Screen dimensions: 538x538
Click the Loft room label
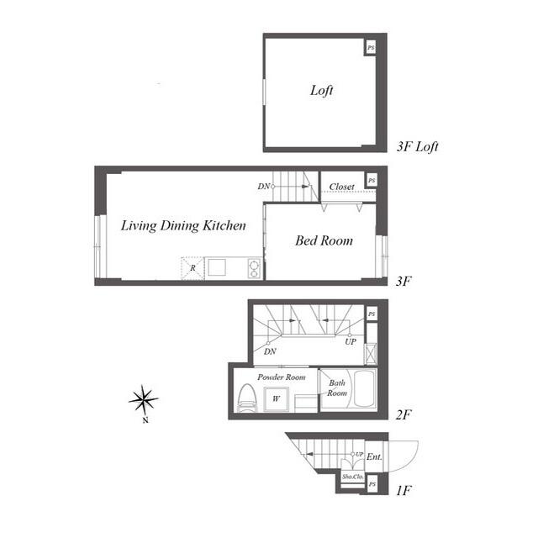pos(322,91)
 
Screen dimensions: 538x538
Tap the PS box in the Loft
pos(371,49)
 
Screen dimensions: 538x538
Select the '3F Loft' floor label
pos(417,147)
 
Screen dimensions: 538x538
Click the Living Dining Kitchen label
pos(183,225)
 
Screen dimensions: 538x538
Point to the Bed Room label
pos(324,240)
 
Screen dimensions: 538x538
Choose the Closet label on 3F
pos(341,186)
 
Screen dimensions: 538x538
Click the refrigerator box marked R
pos(193,268)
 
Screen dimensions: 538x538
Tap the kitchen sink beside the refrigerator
pos(218,267)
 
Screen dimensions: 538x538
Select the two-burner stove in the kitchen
pos(251,268)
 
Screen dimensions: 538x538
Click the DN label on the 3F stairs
pos(263,186)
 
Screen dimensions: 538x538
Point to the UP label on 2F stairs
pos(349,342)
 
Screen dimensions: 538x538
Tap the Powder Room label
pos(281,377)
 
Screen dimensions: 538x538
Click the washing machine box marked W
pos(276,398)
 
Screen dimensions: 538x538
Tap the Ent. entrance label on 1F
pos(374,456)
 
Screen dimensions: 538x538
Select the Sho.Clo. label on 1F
pos(351,476)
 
